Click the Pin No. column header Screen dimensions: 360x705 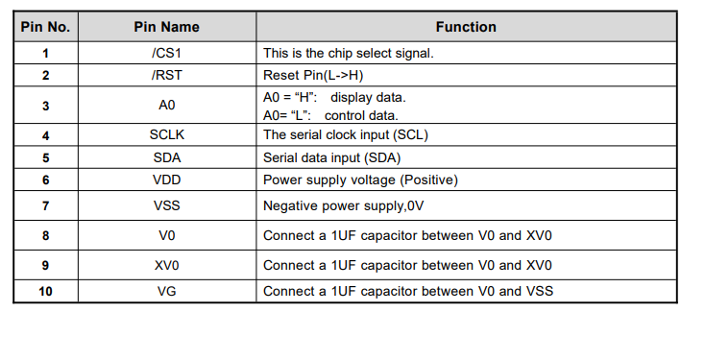click(x=45, y=27)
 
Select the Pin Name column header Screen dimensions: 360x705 click(x=166, y=27)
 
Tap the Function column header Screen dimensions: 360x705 click(x=466, y=27)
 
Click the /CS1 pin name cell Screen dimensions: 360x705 click(x=166, y=53)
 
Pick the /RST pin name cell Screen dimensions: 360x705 click(x=166, y=74)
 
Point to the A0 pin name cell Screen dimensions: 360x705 click(x=166, y=106)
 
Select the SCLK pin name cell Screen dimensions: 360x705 click(x=166, y=135)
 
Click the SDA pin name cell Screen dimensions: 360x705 click(x=166, y=157)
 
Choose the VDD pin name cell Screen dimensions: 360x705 click(x=166, y=180)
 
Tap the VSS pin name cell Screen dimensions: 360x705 click(x=166, y=205)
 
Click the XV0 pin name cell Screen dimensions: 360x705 click(x=166, y=265)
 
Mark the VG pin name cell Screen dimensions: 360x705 click(x=166, y=291)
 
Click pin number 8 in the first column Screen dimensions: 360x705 click(x=45, y=235)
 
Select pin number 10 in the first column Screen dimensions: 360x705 click(x=45, y=291)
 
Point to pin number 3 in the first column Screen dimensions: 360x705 click(x=45, y=106)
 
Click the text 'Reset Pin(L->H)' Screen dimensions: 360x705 click(x=313, y=74)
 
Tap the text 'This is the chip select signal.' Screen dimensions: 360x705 click(x=349, y=53)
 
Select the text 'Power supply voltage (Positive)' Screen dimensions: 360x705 click(x=360, y=180)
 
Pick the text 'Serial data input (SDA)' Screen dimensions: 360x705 click(x=331, y=157)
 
